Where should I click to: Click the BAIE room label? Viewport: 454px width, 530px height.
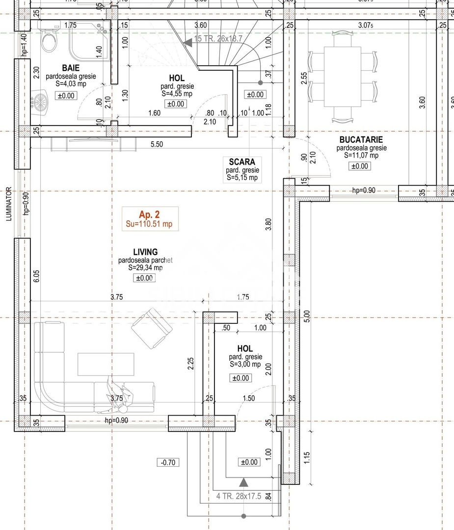pyautogui.click(x=71, y=67)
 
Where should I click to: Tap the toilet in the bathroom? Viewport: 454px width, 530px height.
pyautogui.click(x=49, y=40)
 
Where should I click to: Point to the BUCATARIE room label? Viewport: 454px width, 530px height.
pyautogui.click(x=361, y=139)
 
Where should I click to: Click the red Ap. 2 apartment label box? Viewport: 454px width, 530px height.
pyautogui.click(x=150, y=219)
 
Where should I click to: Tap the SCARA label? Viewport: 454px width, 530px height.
pyautogui.click(x=241, y=161)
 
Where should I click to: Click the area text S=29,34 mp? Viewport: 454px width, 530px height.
pyautogui.click(x=145, y=268)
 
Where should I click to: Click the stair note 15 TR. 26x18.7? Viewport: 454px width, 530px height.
pyautogui.click(x=218, y=39)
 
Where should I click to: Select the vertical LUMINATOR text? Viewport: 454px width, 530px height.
pyautogui.click(x=9, y=203)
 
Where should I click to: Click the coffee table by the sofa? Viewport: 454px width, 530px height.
pyautogui.click(x=106, y=365)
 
